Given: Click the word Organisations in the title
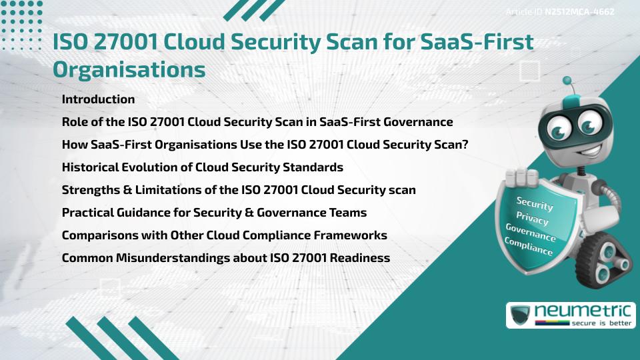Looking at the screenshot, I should click(x=129, y=69).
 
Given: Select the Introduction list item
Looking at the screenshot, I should click(x=98, y=99).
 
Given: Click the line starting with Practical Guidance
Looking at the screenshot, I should click(x=213, y=213).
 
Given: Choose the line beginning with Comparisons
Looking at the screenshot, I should click(x=224, y=235).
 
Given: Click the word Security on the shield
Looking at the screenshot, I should click(x=535, y=203).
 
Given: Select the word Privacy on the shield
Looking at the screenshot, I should click(x=532, y=219).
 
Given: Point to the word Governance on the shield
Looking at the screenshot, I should click(x=531, y=233).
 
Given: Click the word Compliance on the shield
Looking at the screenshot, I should click(x=529, y=247).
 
